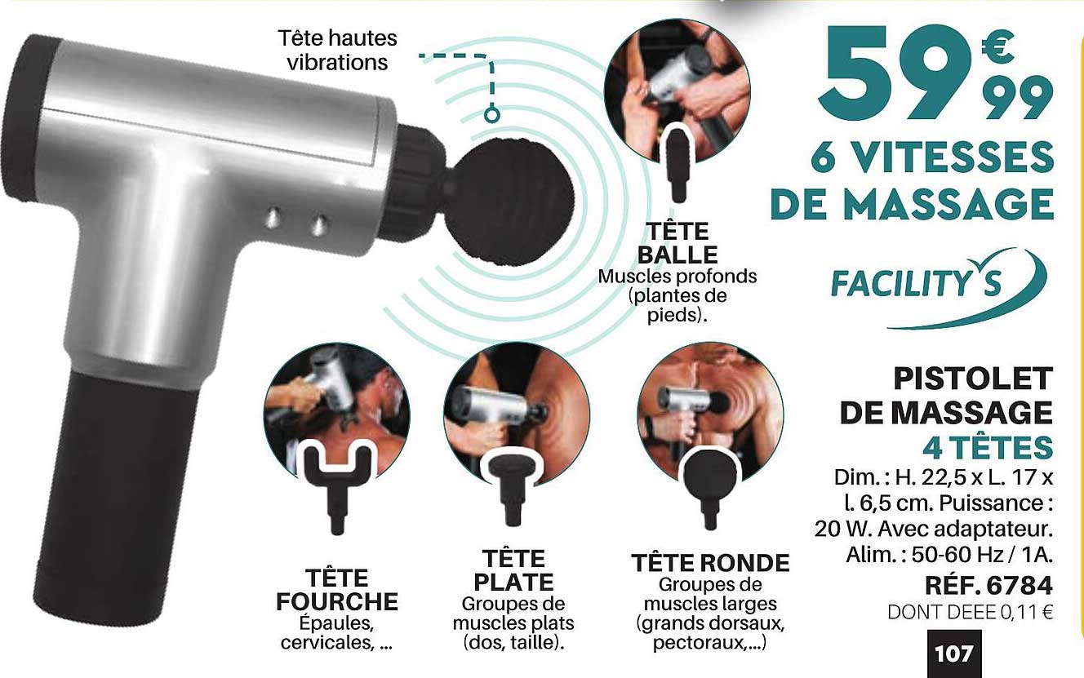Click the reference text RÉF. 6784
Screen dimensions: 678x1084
(x=988, y=586)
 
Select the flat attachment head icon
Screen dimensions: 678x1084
(x=512, y=485)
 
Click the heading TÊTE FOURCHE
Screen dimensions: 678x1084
(x=336, y=590)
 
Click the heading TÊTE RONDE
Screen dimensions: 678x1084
(x=710, y=563)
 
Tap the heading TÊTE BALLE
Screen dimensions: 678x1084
(x=677, y=242)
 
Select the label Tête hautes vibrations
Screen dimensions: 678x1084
(x=337, y=50)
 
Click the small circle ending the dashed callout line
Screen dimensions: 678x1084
(x=491, y=115)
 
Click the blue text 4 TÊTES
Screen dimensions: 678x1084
(x=987, y=448)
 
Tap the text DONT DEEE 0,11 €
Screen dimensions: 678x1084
(x=971, y=613)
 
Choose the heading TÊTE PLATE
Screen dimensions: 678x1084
(x=513, y=570)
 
